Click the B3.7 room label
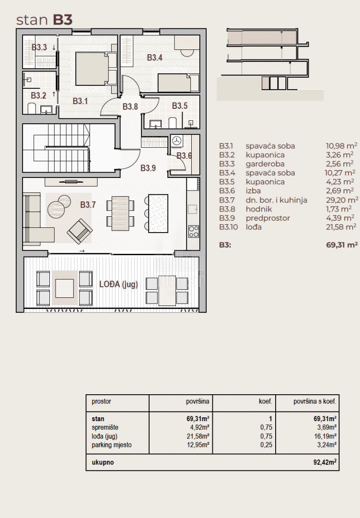(88, 205)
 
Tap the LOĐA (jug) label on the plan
(118, 284)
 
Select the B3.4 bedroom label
(154, 58)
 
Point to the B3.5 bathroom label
(180, 106)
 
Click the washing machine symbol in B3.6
(177, 141)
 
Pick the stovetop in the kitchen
(194, 231)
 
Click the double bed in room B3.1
(96, 69)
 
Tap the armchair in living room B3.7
(79, 231)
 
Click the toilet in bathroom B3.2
(32, 108)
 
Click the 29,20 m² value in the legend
(342, 200)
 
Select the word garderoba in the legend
(265, 164)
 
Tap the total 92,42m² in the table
(325, 462)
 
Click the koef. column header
(266, 402)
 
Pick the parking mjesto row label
(112, 445)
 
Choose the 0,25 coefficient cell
(266, 445)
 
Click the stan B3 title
(44, 20)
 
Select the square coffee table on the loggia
(64, 288)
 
